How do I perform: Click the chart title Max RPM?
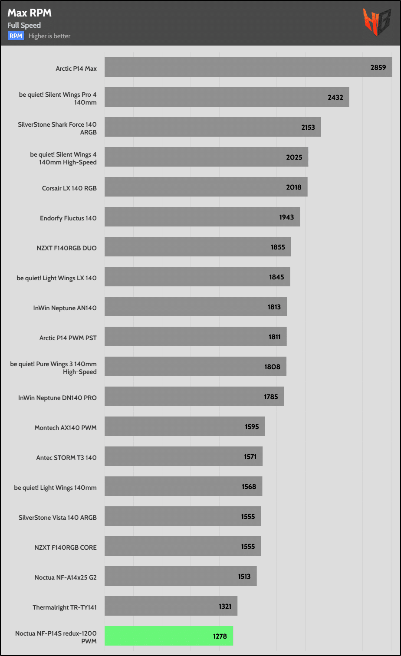tap(30, 13)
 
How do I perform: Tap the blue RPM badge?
tap(16, 36)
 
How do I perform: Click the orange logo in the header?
tap(377, 22)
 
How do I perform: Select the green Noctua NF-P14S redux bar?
tap(169, 636)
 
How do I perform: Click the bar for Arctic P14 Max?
tap(248, 67)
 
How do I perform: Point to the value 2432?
tap(335, 98)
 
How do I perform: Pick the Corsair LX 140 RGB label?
tap(69, 188)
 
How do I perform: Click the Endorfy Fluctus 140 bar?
tap(202, 216)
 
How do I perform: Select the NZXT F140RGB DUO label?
tap(67, 248)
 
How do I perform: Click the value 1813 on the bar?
tap(274, 307)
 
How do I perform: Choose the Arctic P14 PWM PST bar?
tap(196, 336)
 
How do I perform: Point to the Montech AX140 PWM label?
tap(66, 427)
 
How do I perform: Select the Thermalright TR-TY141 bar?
tap(171, 606)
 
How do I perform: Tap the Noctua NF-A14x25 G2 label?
tap(66, 577)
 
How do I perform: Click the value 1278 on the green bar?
tap(220, 636)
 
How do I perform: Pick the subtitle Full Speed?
tap(24, 25)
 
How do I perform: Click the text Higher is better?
tap(49, 36)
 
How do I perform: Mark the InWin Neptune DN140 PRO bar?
tap(194, 396)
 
